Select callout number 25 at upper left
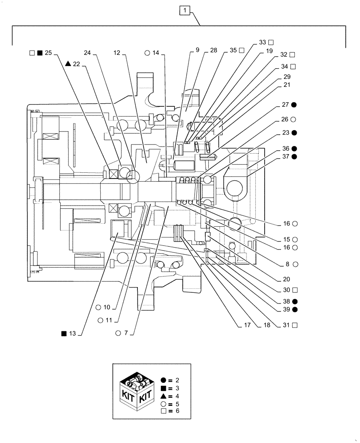[48, 53]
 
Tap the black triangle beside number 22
[67, 64]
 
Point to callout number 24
[87, 53]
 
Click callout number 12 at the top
[117, 53]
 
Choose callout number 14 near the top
[155, 53]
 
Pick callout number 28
[214, 51]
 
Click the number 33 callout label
[262, 42]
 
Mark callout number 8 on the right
[288, 264]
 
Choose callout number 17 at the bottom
[247, 325]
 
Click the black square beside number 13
[64, 333]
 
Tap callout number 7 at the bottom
[125, 333]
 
